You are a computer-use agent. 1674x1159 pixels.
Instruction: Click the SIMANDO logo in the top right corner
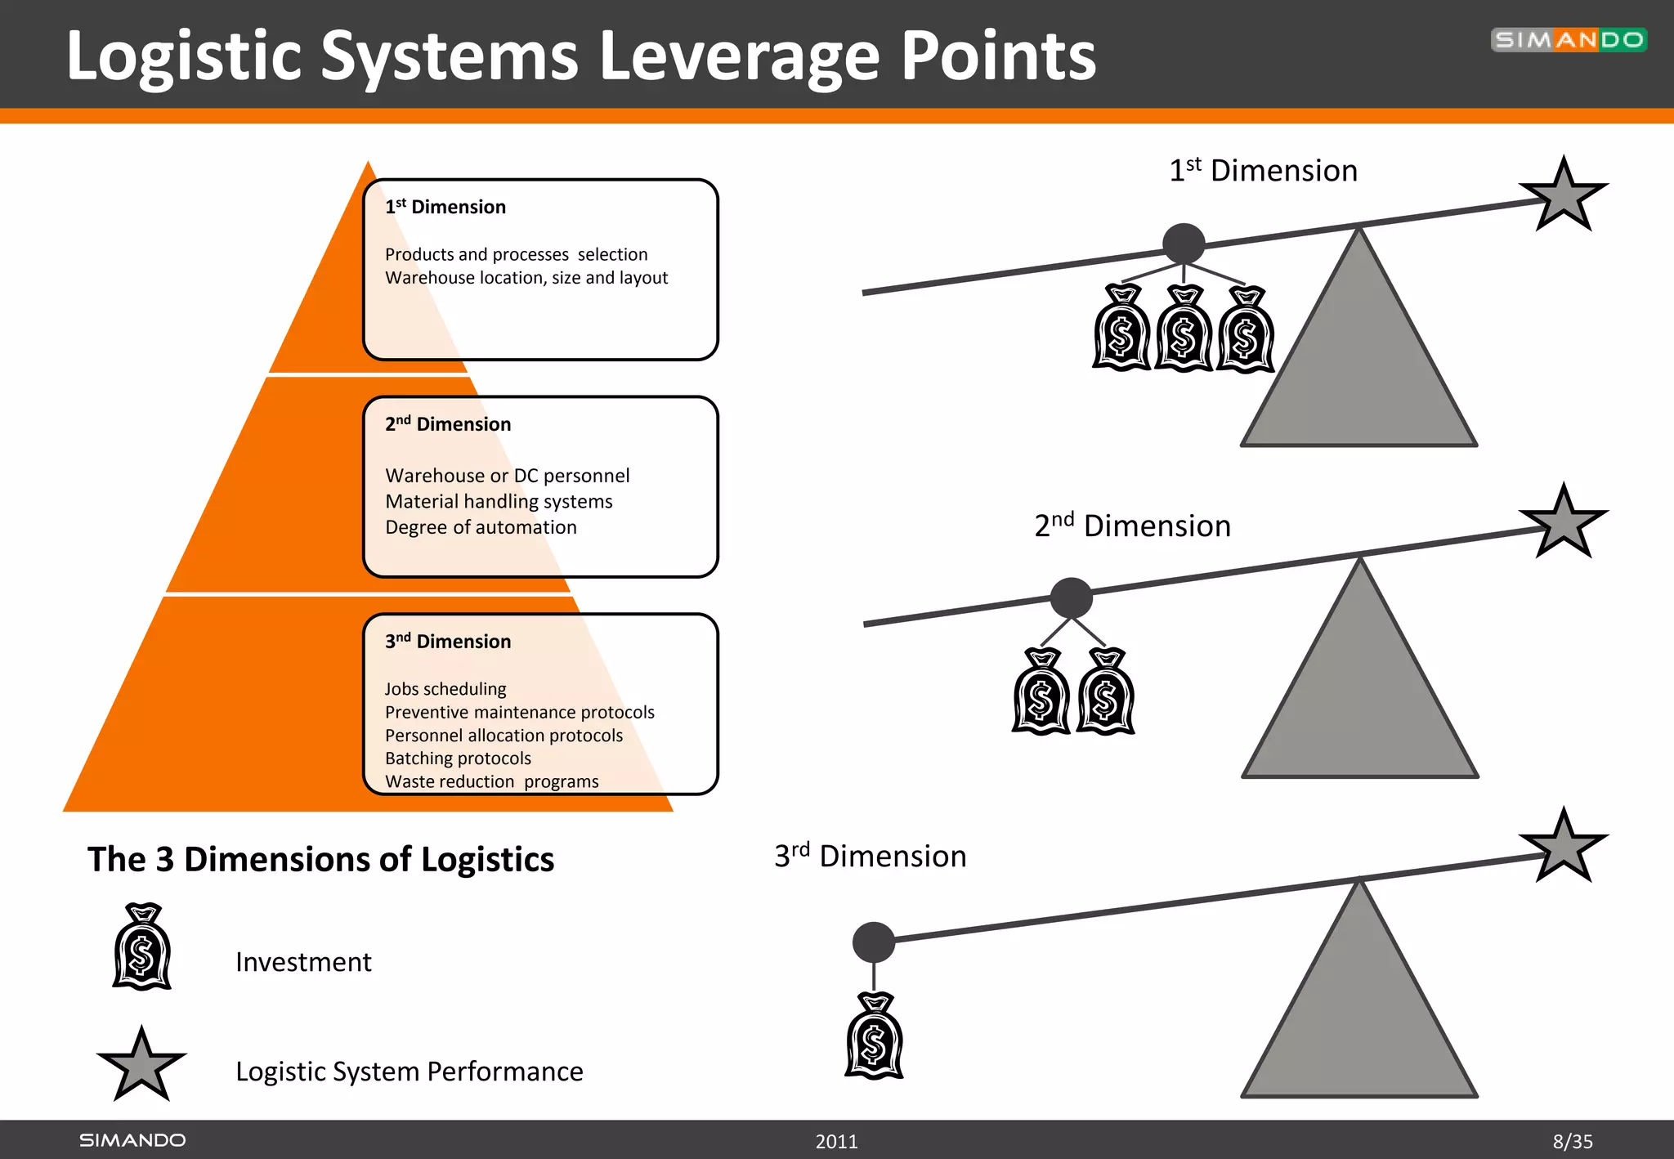click(1568, 39)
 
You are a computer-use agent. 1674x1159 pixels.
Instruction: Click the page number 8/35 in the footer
click(1572, 1141)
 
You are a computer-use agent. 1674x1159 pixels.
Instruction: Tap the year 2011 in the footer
click(836, 1141)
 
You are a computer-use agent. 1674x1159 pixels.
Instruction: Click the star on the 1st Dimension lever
click(1563, 196)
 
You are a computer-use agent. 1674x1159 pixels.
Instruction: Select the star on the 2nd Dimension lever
click(1563, 523)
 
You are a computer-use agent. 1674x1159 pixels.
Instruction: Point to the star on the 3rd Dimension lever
click(1563, 848)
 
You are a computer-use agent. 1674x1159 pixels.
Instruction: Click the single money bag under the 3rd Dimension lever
click(874, 1038)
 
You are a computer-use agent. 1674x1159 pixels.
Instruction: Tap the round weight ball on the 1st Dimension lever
click(1184, 244)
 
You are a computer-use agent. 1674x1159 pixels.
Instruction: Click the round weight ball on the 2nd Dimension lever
click(1071, 597)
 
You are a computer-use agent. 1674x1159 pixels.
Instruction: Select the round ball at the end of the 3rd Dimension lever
click(873, 942)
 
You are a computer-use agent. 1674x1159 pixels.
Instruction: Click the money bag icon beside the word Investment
click(142, 948)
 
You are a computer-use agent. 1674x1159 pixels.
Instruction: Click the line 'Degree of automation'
click(481, 527)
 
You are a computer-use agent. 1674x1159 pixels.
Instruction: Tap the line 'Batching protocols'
click(458, 758)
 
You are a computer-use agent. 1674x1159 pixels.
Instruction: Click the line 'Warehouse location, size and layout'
click(526, 278)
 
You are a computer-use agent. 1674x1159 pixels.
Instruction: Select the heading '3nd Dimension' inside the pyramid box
click(448, 642)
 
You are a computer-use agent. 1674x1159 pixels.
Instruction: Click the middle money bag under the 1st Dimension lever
click(1183, 331)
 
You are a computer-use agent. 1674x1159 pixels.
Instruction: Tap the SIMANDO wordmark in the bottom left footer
click(132, 1140)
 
